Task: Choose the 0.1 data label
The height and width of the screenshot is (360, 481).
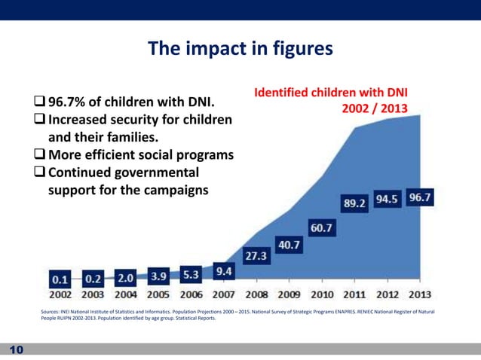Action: coord(62,279)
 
